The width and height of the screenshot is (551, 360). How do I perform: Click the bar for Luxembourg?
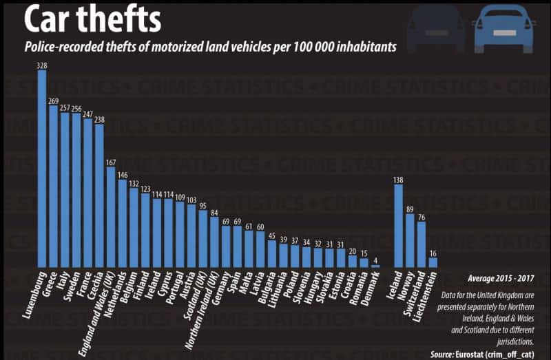click(42, 169)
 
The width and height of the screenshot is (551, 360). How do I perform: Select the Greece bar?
click(53, 186)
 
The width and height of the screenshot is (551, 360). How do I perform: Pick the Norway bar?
click(410, 240)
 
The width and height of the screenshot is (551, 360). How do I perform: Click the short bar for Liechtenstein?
click(433, 262)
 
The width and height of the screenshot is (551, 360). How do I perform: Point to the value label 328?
click(42, 65)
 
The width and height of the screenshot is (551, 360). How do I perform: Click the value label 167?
click(110, 162)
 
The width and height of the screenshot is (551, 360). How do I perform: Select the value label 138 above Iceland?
click(398, 180)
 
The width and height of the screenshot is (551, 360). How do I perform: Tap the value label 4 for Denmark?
click(375, 260)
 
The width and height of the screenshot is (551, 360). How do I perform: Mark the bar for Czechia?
click(99, 195)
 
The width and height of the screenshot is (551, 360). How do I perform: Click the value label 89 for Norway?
click(410, 209)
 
